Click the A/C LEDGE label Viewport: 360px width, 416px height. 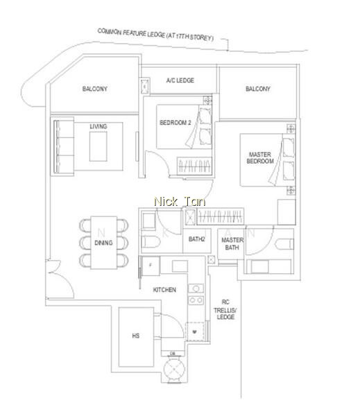click(x=180, y=80)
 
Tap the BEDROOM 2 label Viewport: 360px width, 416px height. click(x=175, y=123)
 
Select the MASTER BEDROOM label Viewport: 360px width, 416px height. click(x=260, y=158)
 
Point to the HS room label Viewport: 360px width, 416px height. click(x=136, y=336)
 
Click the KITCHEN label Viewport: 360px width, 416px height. click(x=164, y=290)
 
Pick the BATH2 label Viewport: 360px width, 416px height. click(x=197, y=239)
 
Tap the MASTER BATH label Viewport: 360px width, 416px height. click(x=232, y=243)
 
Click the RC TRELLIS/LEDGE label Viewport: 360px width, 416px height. click(x=225, y=309)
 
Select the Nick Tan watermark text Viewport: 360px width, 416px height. click(x=180, y=202)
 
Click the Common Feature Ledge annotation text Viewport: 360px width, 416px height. click(x=155, y=35)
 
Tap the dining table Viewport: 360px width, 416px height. click(x=103, y=243)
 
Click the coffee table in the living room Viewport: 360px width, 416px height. click(x=98, y=146)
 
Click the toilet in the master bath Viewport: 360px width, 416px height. click(x=284, y=244)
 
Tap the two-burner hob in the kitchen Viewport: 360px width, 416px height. click(x=196, y=300)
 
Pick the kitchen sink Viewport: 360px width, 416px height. click(x=196, y=288)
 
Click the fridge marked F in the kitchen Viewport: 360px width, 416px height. click(x=151, y=266)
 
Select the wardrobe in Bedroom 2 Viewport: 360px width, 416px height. click(x=194, y=166)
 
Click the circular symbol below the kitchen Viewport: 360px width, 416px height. click(x=174, y=369)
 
